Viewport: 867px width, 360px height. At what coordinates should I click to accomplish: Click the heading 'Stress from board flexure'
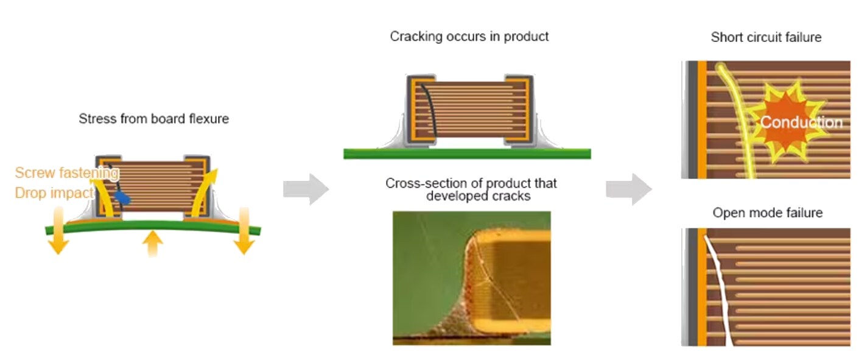[x=153, y=119]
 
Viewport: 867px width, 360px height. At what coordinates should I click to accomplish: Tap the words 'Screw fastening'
[x=66, y=173]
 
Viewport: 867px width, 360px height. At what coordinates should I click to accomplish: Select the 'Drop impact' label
[x=54, y=193]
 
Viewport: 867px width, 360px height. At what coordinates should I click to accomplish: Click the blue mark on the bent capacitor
[x=123, y=197]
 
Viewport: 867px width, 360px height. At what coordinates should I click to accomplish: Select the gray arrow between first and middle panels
[x=306, y=189]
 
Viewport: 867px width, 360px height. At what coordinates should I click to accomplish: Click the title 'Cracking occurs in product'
[x=469, y=37]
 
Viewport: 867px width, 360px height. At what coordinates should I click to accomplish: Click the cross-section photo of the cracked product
[x=471, y=278]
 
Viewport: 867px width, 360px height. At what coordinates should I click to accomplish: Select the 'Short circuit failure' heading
[x=766, y=38]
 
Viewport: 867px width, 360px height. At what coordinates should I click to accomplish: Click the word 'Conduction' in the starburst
[x=801, y=122]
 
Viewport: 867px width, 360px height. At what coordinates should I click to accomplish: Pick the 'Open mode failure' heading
[x=767, y=213]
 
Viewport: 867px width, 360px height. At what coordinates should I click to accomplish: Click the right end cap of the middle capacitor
[x=519, y=110]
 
